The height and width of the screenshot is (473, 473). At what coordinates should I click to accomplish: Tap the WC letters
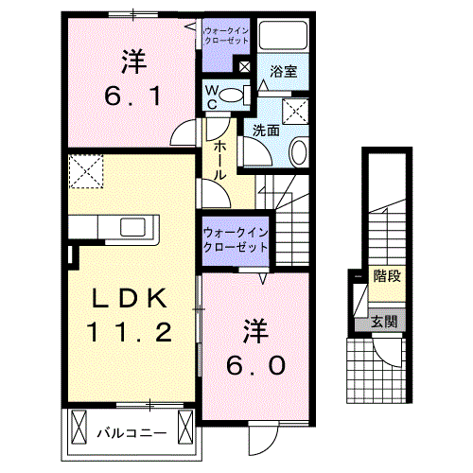[x=214, y=96]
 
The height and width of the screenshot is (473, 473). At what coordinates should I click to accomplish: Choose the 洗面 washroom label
[x=265, y=131]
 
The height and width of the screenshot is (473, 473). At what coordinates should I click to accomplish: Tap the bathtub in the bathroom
[x=285, y=39]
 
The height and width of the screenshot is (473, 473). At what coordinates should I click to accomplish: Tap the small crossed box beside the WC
[x=245, y=66]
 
